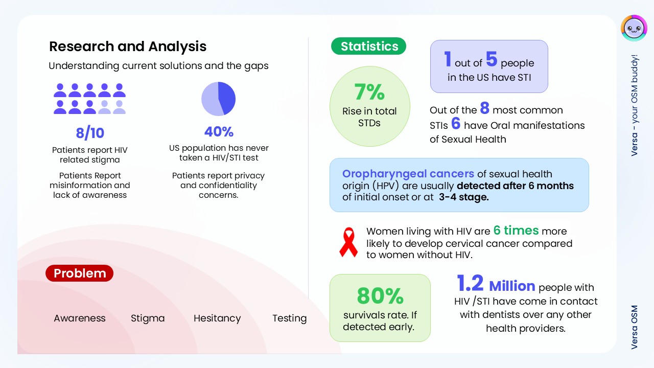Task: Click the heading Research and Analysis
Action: pyautogui.click(x=128, y=47)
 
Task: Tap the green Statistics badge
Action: pyautogui.click(x=368, y=46)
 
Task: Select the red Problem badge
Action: pyautogui.click(x=79, y=273)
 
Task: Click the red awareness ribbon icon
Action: pyautogui.click(x=348, y=242)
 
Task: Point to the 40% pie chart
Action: pyautogui.click(x=218, y=99)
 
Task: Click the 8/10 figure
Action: pyautogui.click(x=90, y=133)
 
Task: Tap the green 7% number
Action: pyautogui.click(x=369, y=92)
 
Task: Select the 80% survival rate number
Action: pyautogui.click(x=380, y=296)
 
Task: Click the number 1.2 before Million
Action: pyautogui.click(x=470, y=283)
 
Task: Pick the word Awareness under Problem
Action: pyautogui.click(x=79, y=318)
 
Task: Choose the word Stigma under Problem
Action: pyautogui.click(x=148, y=318)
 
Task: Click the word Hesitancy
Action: pyautogui.click(x=217, y=318)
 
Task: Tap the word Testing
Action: pyautogui.click(x=290, y=318)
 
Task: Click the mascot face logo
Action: pyautogui.click(x=634, y=28)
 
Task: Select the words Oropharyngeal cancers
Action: pyautogui.click(x=408, y=174)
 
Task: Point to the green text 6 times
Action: pyautogui.click(x=516, y=231)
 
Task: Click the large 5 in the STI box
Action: pyautogui.click(x=492, y=59)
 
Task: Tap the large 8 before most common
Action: pyautogui.click(x=485, y=108)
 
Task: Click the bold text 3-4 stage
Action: pyautogui.click(x=463, y=197)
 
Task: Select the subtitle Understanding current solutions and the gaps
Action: pyautogui.click(x=158, y=66)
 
